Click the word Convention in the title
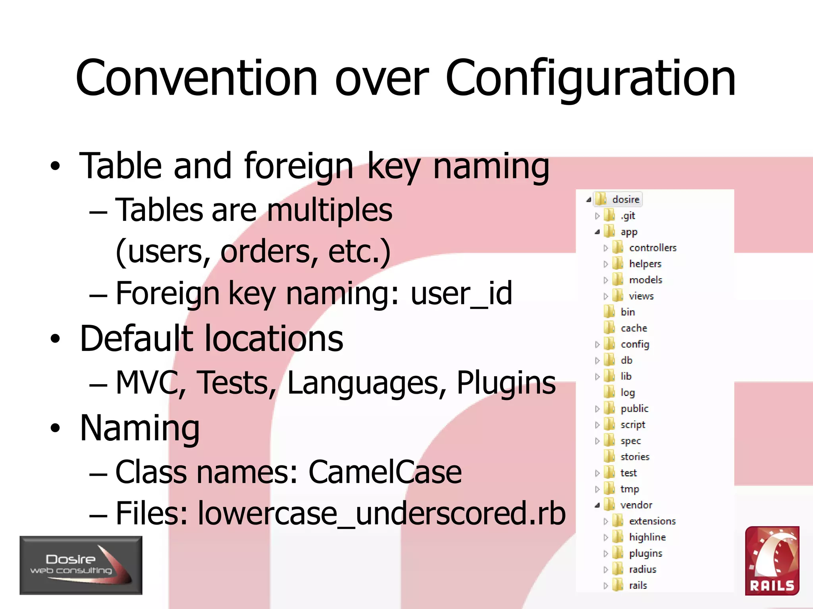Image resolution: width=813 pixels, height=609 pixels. click(197, 78)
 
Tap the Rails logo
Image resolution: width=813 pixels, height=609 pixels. click(772, 561)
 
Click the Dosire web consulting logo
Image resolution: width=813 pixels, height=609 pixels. click(81, 565)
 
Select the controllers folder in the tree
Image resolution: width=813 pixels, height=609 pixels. click(653, 248)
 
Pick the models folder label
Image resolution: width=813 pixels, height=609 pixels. click(645, 280)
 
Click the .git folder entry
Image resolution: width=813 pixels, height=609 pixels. click(628, 216)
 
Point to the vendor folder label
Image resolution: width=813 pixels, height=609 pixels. click(636, 505)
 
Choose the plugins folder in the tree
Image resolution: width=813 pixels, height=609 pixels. click(645, 553)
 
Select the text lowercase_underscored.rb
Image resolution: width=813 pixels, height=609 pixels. click(381, 513)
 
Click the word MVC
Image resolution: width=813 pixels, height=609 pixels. click(147, 383)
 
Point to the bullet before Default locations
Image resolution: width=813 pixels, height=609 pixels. click(55, 339)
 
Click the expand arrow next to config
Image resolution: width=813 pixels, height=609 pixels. click(597, 345)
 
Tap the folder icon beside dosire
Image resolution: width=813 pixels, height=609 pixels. click(601, 199)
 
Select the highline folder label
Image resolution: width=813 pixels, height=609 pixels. click(647, 537)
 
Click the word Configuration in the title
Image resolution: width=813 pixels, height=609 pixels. click(591, 78)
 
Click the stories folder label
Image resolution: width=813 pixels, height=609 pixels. click(635, 457)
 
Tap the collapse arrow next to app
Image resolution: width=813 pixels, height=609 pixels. click(597, 232)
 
